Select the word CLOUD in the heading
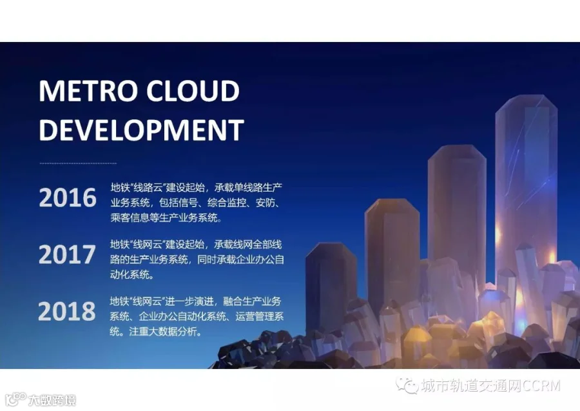point(193,91)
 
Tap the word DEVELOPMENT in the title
point(141,130)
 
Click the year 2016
point(67,197)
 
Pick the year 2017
point(67,254)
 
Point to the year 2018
point(67,311)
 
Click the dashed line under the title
point(78,163)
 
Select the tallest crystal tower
point(527,185)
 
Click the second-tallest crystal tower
point(457,207)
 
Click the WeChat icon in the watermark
point(407,385)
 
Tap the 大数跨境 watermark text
point(52,400)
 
